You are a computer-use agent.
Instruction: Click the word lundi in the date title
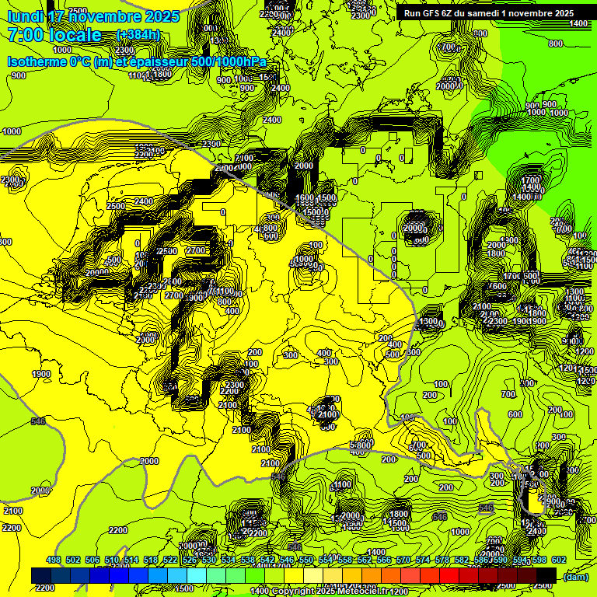(x=25, y=16)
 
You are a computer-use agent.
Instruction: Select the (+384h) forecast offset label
(x=138, y=35)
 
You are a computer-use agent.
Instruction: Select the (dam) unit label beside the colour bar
(x=574, y=576)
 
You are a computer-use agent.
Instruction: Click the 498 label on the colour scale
(x=54, y=560)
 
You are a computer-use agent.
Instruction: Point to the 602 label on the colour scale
(x=558, y=560)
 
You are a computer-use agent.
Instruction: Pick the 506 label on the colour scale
(x=93, y=560)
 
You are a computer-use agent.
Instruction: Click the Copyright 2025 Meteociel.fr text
(x=326, y=592)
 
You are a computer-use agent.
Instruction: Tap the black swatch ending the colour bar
(x=546, y=575)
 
